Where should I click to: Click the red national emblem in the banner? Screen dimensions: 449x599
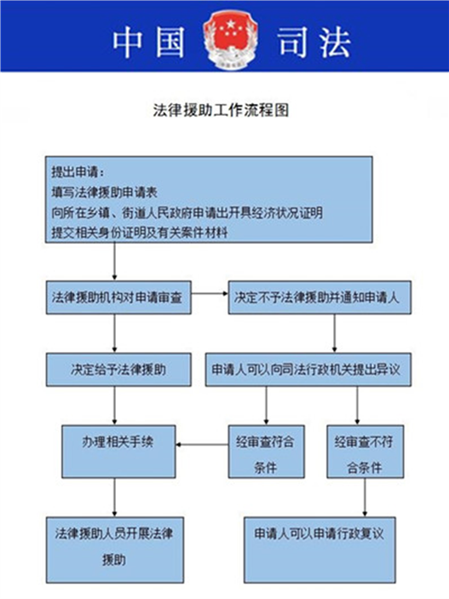click(230, 40)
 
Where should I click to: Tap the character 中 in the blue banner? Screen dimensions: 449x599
click(128, 41)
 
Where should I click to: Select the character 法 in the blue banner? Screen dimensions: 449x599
click(334, 41)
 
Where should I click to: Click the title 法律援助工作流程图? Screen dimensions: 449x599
click(221, 110)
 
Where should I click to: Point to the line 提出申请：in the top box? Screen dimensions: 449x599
click(78, 172)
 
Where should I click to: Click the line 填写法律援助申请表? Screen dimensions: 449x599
click(104, 193)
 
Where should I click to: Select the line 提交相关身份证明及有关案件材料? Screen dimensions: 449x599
click(140, 233)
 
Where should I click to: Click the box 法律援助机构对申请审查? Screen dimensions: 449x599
click(118, 297)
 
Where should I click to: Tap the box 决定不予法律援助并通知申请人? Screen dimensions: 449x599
click(319, 297)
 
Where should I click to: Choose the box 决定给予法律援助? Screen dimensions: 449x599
click(118, 370)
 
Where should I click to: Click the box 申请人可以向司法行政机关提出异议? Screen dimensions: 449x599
click(308, 370)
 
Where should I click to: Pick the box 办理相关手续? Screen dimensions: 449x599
click(118, 452)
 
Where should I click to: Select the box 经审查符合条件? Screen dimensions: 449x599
click(267, 452)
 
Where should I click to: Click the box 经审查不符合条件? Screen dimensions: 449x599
click(365, 452)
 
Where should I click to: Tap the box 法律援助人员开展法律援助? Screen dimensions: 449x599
click(115, 550)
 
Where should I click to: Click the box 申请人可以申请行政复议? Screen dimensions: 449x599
click(319, 550)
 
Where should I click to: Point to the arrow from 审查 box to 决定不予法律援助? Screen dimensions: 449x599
click(210, 293)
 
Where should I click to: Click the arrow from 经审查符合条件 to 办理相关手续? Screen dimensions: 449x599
click(202, 444)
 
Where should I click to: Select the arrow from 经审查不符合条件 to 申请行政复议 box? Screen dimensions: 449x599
click(365, 498)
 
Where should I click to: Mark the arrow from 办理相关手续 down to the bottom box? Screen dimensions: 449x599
click(115, 498)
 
